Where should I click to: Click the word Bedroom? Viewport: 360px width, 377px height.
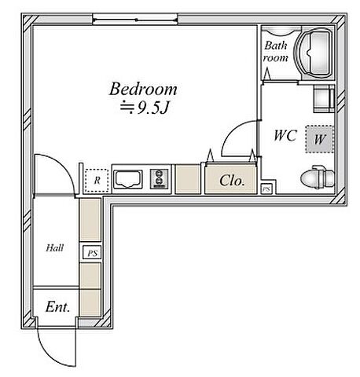[143, 89]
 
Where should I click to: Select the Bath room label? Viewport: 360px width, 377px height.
[275, 52]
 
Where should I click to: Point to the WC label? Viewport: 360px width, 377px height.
[285, 135]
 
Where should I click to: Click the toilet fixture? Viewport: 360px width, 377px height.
[318, 177]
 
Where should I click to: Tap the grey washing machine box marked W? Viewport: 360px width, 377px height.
[319, 139]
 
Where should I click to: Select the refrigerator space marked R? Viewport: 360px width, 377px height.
[97, 180]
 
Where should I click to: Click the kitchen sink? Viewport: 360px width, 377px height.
[128, 179]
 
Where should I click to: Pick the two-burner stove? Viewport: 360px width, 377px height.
[159, 179]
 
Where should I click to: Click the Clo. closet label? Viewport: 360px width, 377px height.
[232, 181]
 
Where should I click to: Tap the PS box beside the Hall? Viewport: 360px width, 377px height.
[92, 253]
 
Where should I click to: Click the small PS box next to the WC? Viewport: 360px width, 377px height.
[266, 188]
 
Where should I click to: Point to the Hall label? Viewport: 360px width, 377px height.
[55, 247]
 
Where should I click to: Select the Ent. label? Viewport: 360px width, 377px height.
[57, 307]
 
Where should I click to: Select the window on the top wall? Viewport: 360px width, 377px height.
[135, 20]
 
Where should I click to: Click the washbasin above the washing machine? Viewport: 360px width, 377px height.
[324, 99]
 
